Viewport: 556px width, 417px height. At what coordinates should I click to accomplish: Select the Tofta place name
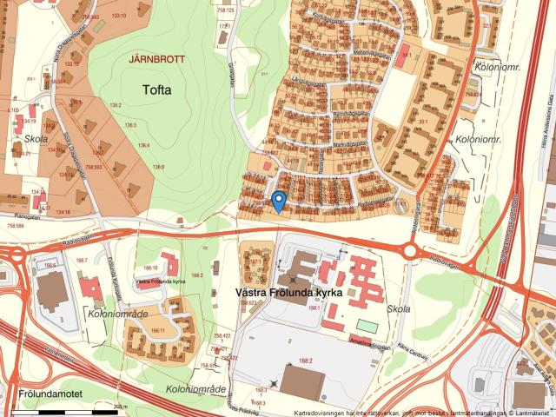tap(157, 89)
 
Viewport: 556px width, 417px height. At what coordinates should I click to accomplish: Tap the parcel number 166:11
tap(158, 330)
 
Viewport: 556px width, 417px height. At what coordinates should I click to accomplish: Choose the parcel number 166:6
tap(50, 265)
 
